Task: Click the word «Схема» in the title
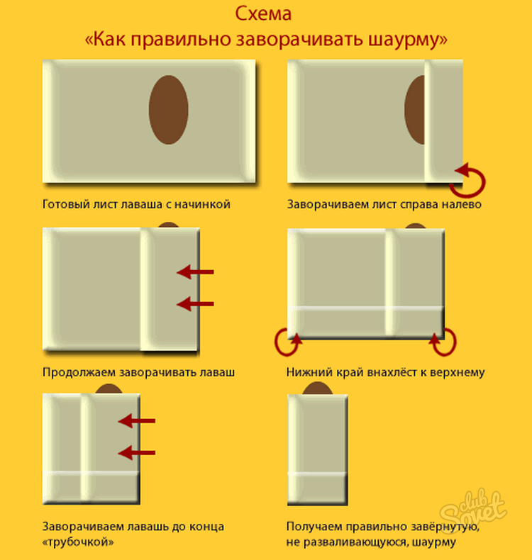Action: pos(263,14)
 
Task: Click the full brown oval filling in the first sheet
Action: pos(168,110)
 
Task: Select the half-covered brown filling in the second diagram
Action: pos(414,110)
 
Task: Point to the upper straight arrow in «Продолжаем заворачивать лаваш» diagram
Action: pos(195,272)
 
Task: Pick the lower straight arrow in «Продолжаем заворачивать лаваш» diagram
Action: pos(195,304)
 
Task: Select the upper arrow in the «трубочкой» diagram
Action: pos(136,421)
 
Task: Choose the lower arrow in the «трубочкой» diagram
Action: pos(136,452)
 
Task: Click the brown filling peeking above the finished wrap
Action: pos(317,388)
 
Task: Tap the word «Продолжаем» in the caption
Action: pos(79,372)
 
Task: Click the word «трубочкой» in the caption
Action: pos(78,542)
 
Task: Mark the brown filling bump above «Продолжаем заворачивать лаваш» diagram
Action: pos(168,225)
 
